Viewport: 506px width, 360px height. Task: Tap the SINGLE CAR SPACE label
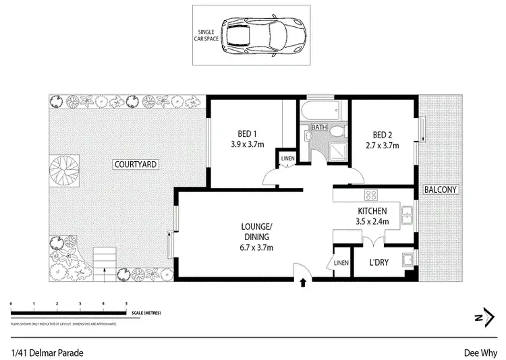pos(212,35)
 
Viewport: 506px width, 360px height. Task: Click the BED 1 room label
pos(245,133)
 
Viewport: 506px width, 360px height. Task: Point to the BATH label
pos(318,127)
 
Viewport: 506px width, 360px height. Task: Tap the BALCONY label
pos(441,190)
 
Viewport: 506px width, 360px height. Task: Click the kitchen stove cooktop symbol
pos(370,196)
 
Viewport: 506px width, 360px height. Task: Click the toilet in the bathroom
pos(308,137)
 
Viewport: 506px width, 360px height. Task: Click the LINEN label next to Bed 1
pos(286,160)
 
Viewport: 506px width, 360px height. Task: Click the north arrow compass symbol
pos(481,318)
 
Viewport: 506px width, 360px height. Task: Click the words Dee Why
pos(479,351)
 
